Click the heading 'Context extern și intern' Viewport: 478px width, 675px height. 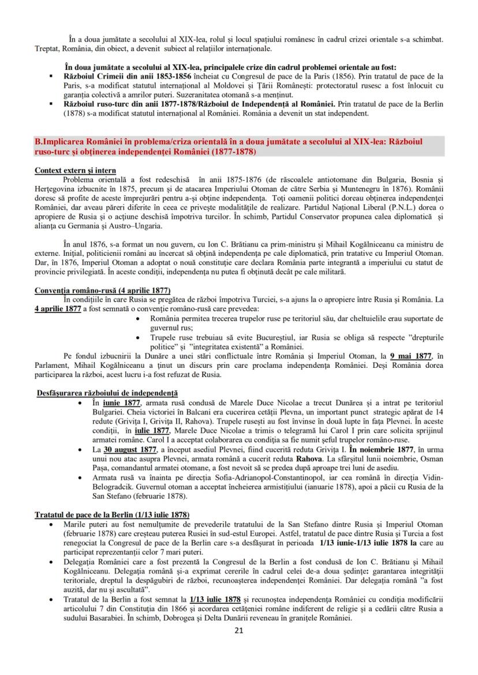(75, 171)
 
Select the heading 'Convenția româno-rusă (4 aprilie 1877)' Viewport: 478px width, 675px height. (102, 290)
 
